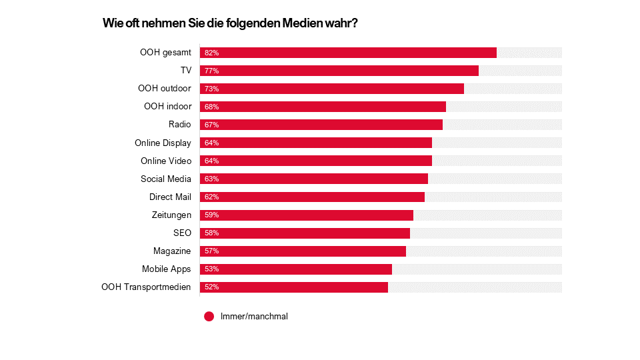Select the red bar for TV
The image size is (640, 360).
[x=339, y=71]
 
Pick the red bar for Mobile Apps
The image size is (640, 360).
[x=296, y=269]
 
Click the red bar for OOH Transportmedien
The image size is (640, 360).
[x=294, y=287]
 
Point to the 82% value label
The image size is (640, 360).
[x=212, y=53]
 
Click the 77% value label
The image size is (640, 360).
[x=212, y=71]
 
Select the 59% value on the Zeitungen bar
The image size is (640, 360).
[x=212, y=215]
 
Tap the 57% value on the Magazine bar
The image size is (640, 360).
[x=212, y=251]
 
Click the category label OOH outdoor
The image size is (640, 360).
[x=165, y=89]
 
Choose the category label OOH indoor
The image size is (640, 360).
[x=167, y=107]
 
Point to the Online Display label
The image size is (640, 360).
[x=163, y=143]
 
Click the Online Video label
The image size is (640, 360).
[x=166, y=161]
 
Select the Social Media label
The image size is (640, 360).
[x=166, y=179]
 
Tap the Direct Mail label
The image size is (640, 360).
[x=170, y=197]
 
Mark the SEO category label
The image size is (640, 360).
[x=182, y=233]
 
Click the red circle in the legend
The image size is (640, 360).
[x=209, y=317]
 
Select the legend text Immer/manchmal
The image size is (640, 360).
[x=254, y=317]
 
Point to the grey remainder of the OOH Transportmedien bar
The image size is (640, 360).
[x=475, y=287]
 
